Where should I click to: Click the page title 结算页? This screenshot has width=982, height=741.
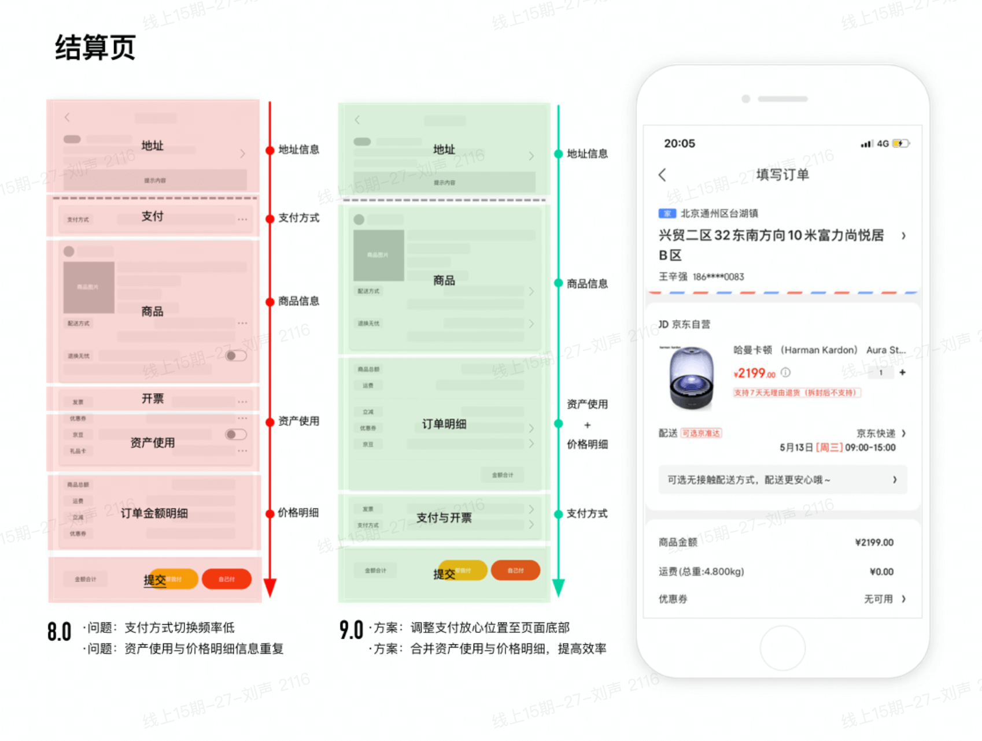[x=95, y=47]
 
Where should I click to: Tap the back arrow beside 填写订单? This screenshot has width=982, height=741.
[x=663, y=175]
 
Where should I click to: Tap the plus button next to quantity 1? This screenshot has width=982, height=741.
[x=902, y=373]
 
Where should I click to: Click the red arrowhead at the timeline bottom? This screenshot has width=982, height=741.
[x=270, y=587]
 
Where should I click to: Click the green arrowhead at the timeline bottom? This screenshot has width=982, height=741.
[x=558, y=587]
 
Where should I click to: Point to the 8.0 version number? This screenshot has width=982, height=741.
[x=60, y=632]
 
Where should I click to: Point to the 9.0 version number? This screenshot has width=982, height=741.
[x=351, y=630]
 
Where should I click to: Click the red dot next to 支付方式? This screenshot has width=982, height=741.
[x=270, y=218]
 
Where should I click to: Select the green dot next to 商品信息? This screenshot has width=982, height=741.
[x=558, y=283]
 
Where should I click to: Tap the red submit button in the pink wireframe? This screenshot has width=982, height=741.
[x=227, y=579]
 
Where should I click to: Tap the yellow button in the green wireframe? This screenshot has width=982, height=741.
[x=463, y=570]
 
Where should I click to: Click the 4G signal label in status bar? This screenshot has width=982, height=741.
[x=883, y=143]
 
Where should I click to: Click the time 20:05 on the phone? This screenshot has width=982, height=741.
[x=680, y=143]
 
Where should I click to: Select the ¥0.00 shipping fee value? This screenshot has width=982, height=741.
[x=881, y=572]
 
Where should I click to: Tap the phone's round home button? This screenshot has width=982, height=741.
[x=782, y=648]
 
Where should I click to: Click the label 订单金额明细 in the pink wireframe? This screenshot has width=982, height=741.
[x=154, y=513]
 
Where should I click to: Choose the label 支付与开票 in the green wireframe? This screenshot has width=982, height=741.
[x=444, y=518]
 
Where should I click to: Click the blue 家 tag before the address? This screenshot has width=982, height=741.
[x=667, y=214]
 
